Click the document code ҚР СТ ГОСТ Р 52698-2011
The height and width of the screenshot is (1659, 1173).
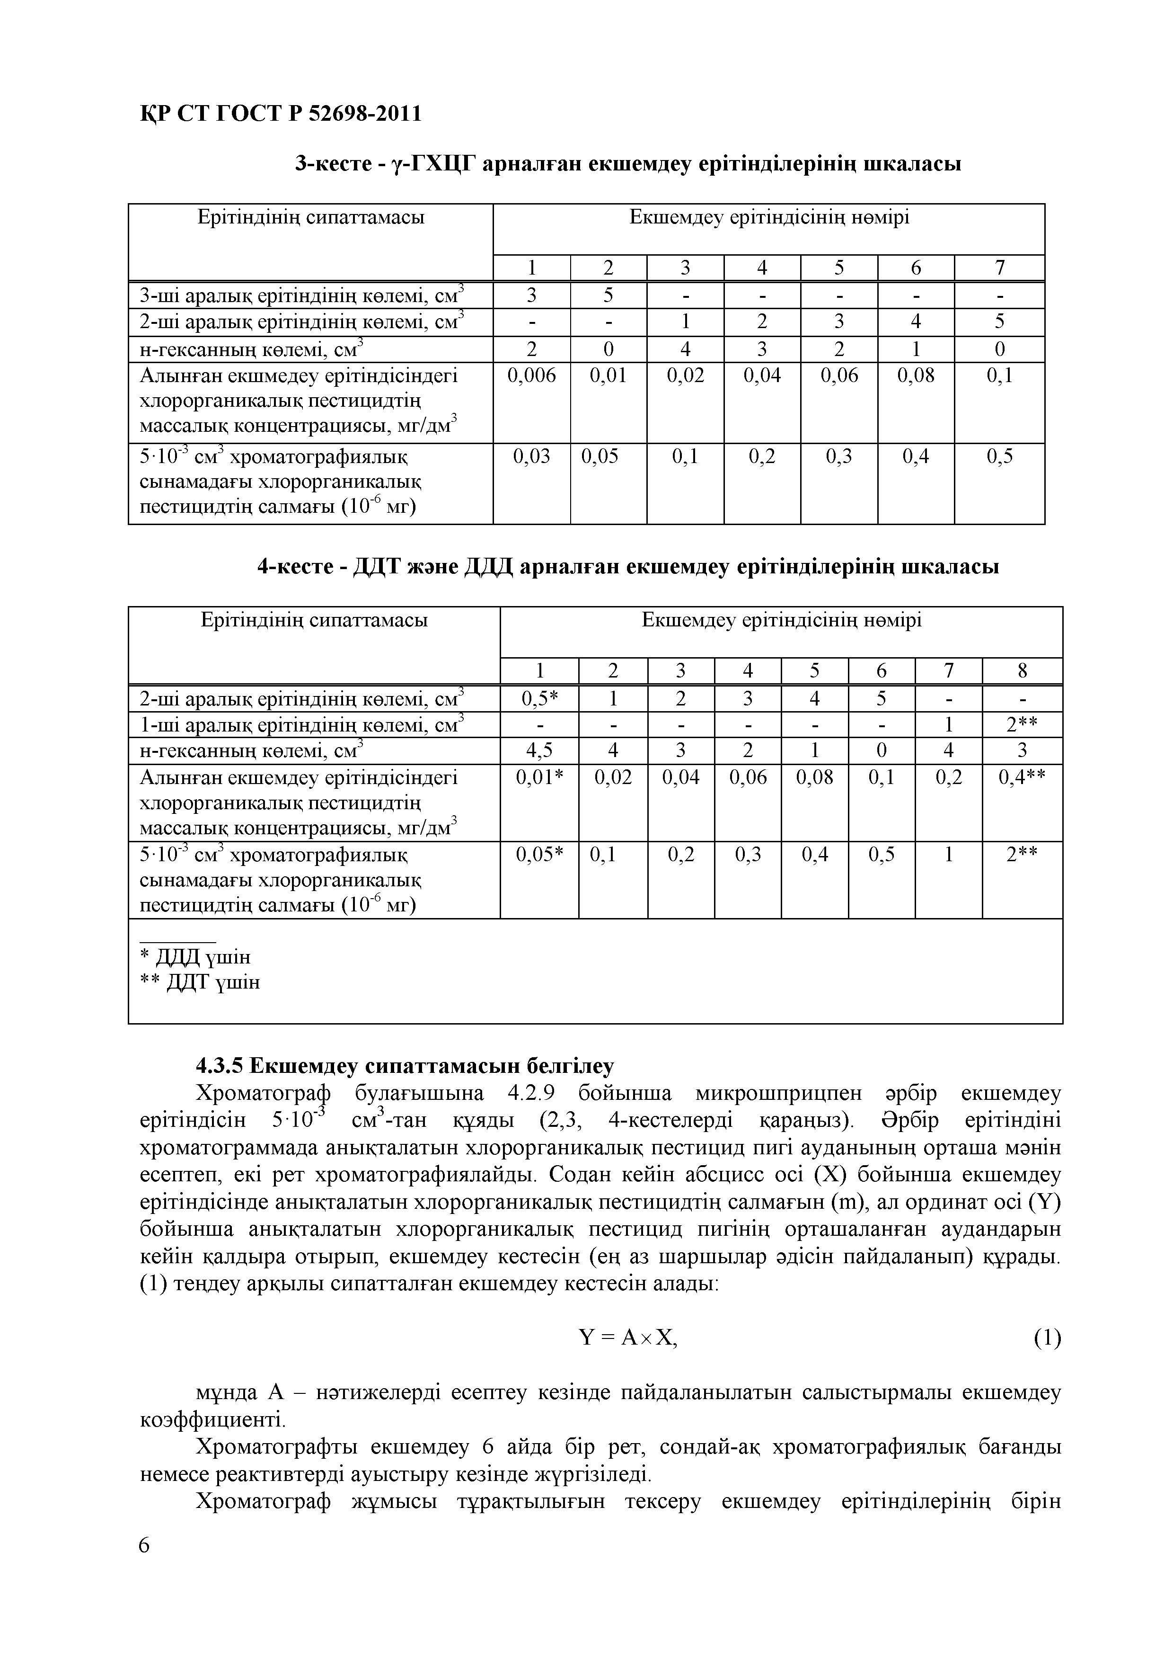[x=280, y=114]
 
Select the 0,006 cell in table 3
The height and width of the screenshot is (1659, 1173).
[x=531, y=376]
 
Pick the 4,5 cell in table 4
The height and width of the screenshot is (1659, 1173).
[x=539, y=751]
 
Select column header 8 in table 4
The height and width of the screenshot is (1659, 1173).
[x=1021, y=671]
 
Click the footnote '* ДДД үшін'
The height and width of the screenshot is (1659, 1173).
[x=195, y=957]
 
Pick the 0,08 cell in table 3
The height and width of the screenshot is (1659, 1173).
[x=915, y=376]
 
